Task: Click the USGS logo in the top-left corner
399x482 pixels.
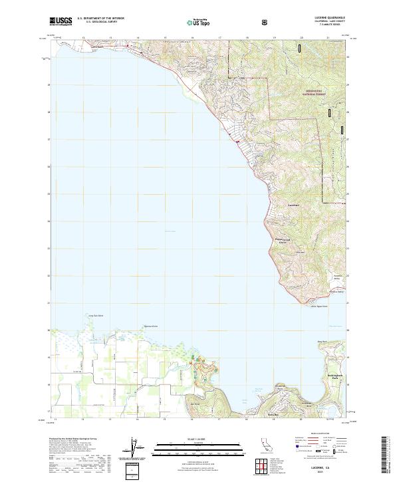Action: (x=61, y=22)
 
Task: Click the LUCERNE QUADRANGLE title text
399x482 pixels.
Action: (x=322, y=18)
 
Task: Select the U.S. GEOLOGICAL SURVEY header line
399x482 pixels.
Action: (x=102, y=23)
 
